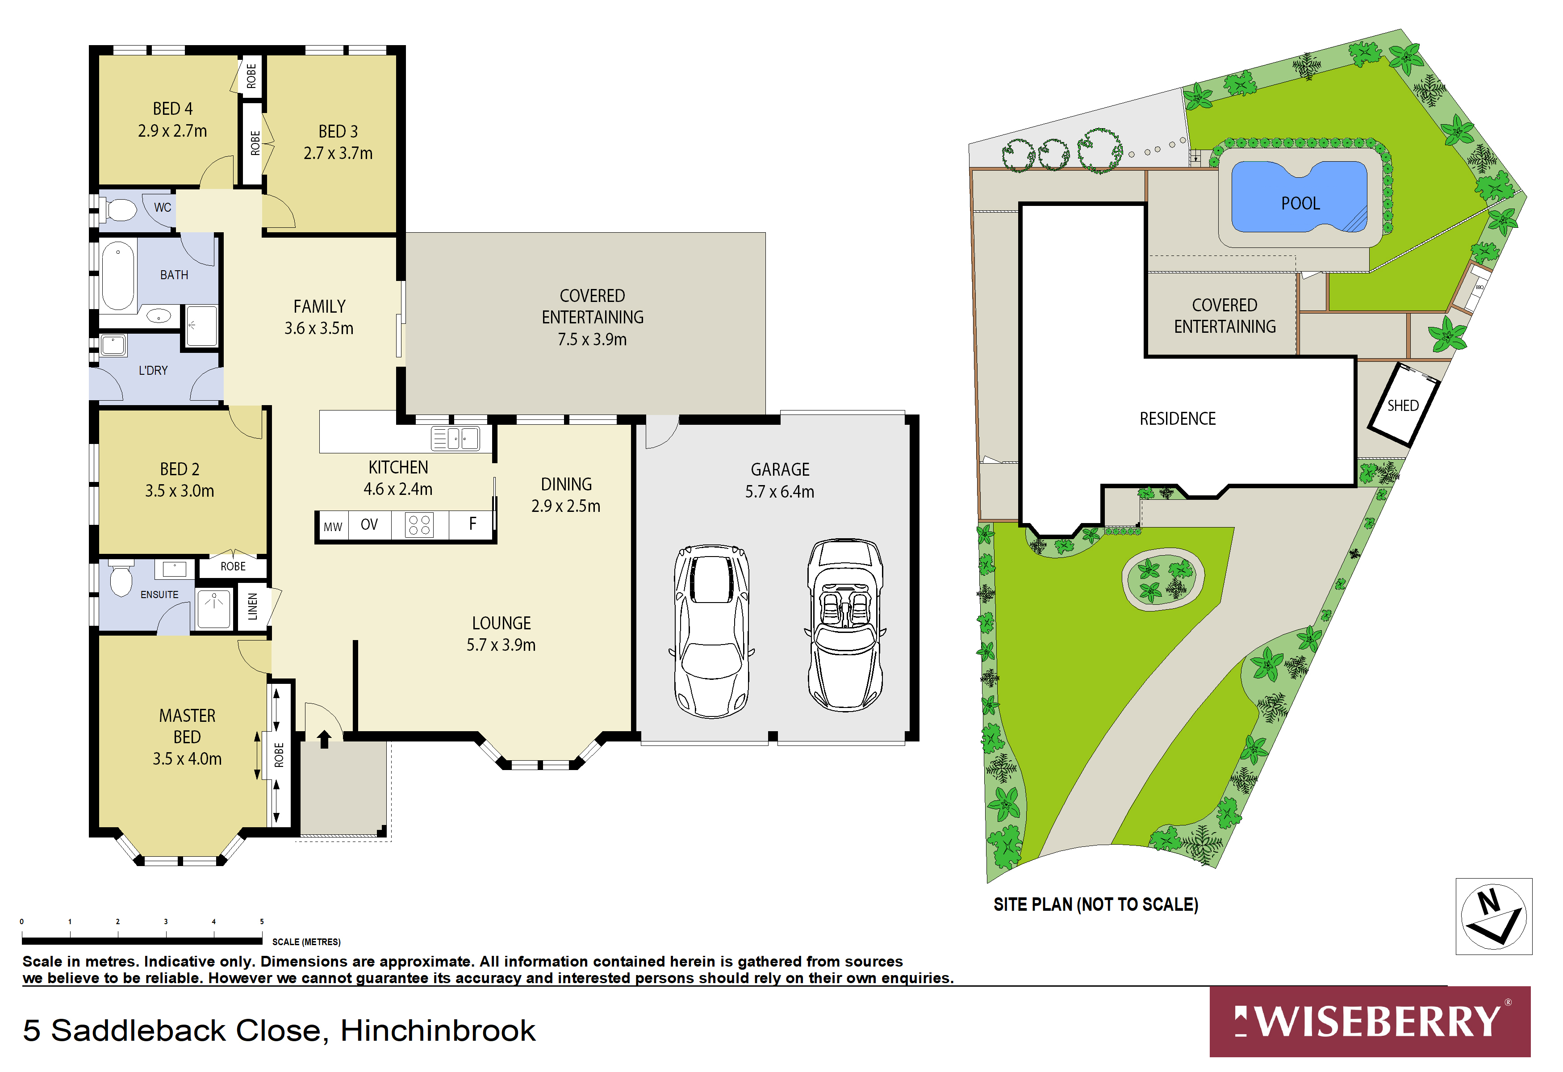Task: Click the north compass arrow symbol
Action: pyautogui.click(x=1493, y=916)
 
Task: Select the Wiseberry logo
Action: pyautogui.click(x=1369, y=1022)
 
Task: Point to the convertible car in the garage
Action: pyautogui.click(x=845, y=625)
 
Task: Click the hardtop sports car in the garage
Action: pyautogui.click(x=711, y=631)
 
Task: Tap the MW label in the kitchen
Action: pyautogui.click(x=332, y=527)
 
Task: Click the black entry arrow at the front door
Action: pyautogui.click(x=324, y=738)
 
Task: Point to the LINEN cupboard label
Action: pyautogui.click(x=252, y=607)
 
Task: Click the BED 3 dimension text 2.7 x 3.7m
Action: pyautogui.click(x=338, y=153)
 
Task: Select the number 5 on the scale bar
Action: pyautogui.click(x=262, y=921)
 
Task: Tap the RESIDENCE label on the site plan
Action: pyautogui.click(x=1177, y=419)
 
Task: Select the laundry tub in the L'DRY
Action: pyautogui.click(x=113, y=345)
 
